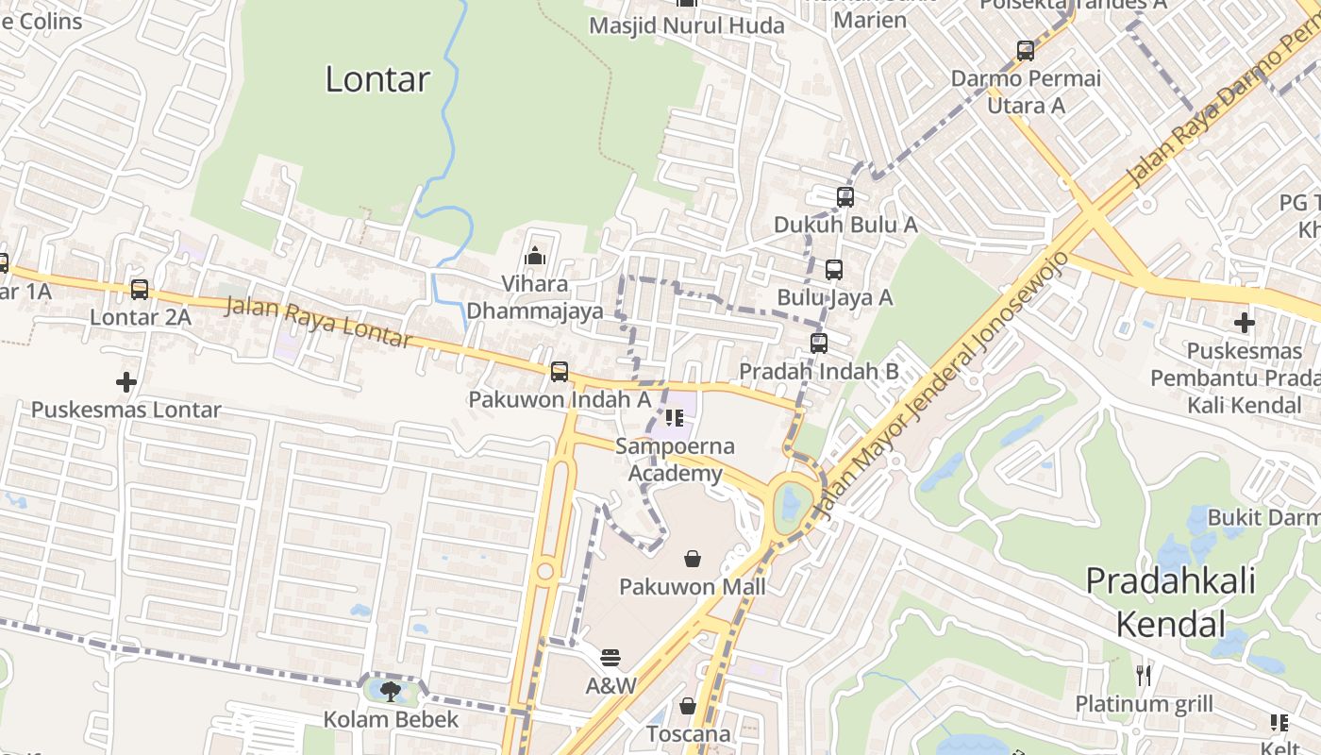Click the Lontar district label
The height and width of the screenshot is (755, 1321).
click(x=377, y=79)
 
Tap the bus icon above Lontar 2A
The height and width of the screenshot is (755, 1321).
click(x=140, y=290)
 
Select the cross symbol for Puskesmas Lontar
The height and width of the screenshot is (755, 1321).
click(x=125, y=382)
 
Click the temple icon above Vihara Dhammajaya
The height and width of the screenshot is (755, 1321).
click(x=535, y=256)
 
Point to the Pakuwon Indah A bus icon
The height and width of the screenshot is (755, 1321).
click(x=560, y=372)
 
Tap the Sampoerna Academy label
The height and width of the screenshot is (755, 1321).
click(x=675, y=460)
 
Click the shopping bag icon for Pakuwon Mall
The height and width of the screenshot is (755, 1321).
click(x=693, y=559)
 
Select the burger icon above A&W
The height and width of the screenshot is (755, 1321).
click(x=610, y=657)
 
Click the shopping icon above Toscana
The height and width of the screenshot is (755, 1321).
click(x=688, y=706)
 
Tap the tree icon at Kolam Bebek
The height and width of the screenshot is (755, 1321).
click(x=391, y=692)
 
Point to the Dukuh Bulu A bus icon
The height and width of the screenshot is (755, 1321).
click(x=845, y=197)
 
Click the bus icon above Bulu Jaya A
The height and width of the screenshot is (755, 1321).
click(x=834, y=270)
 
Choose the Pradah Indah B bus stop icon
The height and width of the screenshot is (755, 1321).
click(x=819, y=344)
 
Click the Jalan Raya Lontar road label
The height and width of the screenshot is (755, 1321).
click(x=320, y=322)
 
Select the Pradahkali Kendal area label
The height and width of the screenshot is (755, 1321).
click(x=1170, y=601)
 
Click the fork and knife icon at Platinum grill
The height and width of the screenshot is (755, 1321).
click(x=1144, y=675)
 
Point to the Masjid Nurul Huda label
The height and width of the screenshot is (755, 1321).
click(x=687, y=25)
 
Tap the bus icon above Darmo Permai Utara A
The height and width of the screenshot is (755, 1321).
click(x=1026, y=51)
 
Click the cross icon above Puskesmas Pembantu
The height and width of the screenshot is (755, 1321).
click(x=1245, y=323)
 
